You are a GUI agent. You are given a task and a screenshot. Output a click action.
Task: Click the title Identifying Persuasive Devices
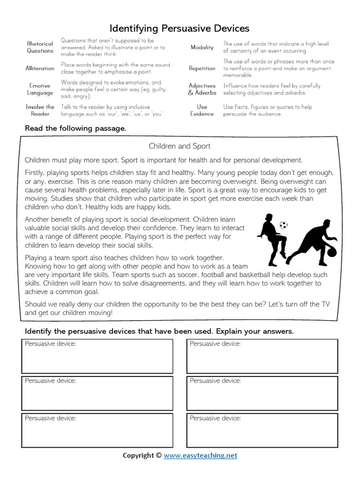tap(180, 28)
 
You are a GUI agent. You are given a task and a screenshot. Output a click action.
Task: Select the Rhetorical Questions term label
tap(40, 47)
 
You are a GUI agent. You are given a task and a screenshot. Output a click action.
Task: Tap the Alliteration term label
tap(40, 68)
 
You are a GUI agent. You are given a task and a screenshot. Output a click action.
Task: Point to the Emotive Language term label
tap(40, 89)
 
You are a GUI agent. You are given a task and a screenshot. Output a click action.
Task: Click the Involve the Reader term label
tap(40, 110)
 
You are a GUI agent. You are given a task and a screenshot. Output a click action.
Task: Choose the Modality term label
tap(202, 47)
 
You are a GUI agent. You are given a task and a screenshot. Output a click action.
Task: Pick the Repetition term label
tap(202, 68)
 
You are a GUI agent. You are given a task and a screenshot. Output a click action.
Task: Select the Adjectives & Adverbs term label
tap(202, 89)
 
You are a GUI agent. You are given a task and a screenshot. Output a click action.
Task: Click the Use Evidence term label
tap(202, 110)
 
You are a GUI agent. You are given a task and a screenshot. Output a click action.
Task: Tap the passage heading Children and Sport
tap(180, 146)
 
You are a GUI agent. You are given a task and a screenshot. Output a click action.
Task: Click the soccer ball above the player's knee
tap(283, 225)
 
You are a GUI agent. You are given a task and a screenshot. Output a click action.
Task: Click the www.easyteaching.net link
tap(201, 455)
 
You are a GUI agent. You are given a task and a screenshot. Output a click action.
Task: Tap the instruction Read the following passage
tap(75, 128)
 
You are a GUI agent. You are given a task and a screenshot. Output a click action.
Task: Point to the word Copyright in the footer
tap(138, 455)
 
